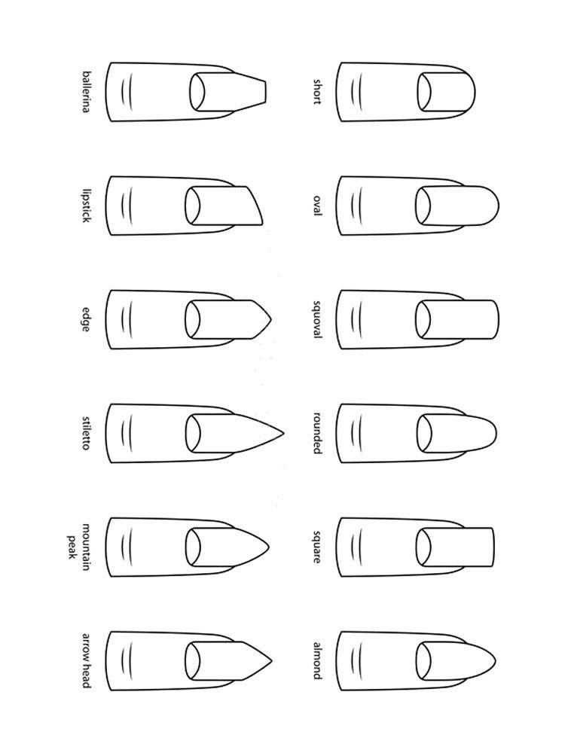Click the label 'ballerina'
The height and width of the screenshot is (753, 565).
point(86,92)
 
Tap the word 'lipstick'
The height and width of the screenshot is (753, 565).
point(86,205)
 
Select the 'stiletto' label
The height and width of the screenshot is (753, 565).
point(86,433)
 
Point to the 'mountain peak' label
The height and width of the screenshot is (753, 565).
point(78,547)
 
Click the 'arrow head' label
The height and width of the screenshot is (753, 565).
point(86,661)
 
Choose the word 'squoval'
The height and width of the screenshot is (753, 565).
point(317,319)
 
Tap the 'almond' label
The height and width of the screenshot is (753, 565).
point(317,661)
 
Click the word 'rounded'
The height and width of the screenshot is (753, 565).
point(317,433)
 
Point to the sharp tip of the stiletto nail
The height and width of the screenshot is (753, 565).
point(283,433)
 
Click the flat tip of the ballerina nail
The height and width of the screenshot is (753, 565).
point(265,92)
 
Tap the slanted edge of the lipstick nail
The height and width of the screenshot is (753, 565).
point(255,205)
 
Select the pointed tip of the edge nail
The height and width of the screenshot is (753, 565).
point(270,319)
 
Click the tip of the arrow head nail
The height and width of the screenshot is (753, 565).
point(272,661)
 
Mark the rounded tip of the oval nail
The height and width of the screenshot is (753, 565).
point(498,206)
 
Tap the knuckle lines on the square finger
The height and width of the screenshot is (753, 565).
point(356,547)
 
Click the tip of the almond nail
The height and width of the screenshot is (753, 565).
point(495,661)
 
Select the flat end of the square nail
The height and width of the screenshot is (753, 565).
point(493,547)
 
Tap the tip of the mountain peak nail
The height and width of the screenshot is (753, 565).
point(268,547)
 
